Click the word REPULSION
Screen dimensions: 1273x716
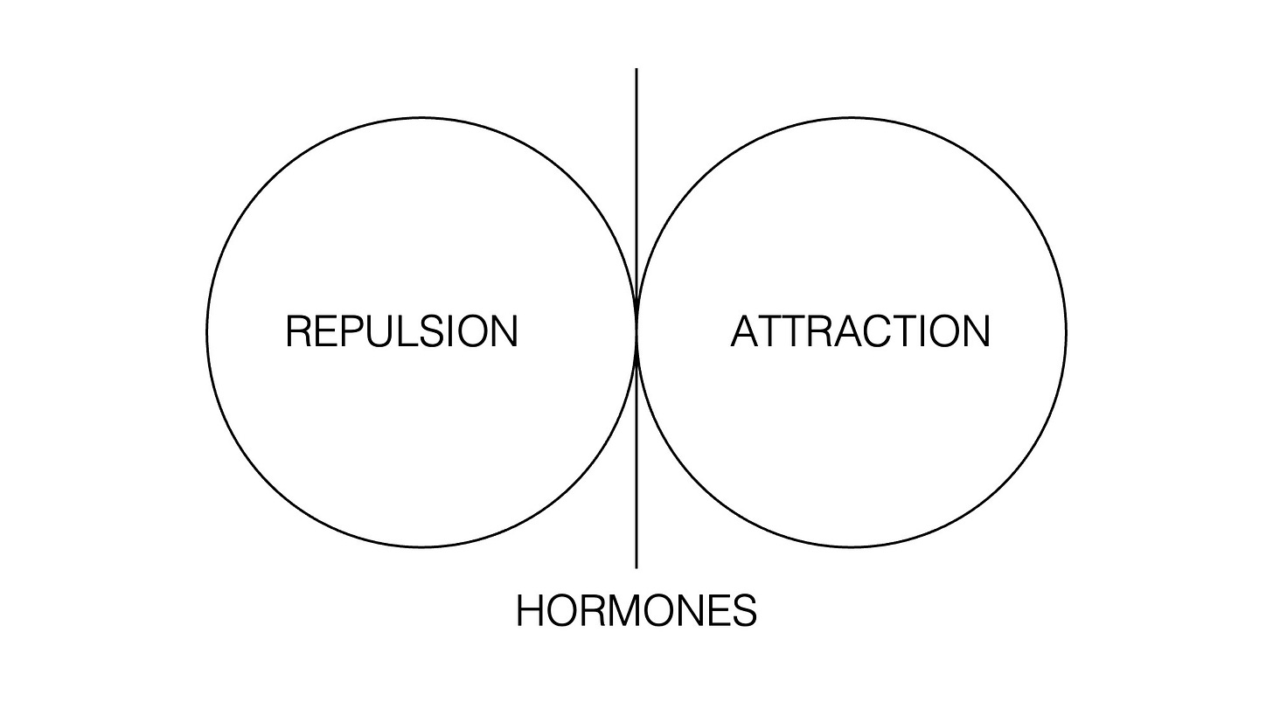[401, 332]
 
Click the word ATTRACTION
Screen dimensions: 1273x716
[860, 332]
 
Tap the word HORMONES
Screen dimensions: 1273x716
[636, 611]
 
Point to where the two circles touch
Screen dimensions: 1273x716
[636, 332]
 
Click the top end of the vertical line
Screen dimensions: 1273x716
[636, 69]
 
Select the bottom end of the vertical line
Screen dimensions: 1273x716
[636, 567]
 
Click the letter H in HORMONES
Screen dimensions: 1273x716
[531, 611]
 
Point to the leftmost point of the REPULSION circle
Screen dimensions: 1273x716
[207, 332]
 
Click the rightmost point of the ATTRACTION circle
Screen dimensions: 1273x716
[1066, 332]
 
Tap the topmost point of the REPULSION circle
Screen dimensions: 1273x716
[421, 117]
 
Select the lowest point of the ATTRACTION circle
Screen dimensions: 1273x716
[852, 547]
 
